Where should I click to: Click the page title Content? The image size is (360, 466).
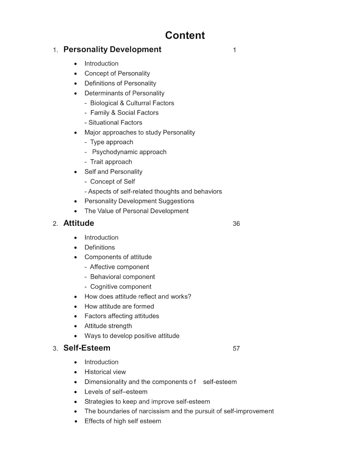coord(185,35)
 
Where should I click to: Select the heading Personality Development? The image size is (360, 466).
coord(112,50)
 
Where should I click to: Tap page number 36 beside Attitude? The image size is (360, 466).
coord(236,224)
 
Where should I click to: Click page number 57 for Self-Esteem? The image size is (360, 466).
coord(236,349)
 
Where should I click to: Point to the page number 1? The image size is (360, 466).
coord(235,50)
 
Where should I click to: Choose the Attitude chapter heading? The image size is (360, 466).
coord(79,223)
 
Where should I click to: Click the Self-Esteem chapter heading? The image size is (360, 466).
coord(87,348)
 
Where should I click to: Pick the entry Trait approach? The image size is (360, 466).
coord(111,162)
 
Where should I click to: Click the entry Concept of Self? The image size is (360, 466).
coord(112,182)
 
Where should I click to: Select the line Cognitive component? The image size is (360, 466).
coord(121,287)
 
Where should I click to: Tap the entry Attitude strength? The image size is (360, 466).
coord(108,326)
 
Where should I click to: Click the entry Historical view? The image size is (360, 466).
coord(105,372)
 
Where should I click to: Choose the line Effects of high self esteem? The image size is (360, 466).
coord(123,421)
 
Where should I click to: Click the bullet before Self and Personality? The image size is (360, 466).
coord(75,172)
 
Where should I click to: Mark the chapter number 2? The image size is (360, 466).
coord(55,224)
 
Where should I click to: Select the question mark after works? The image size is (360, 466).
coord(189,297)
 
